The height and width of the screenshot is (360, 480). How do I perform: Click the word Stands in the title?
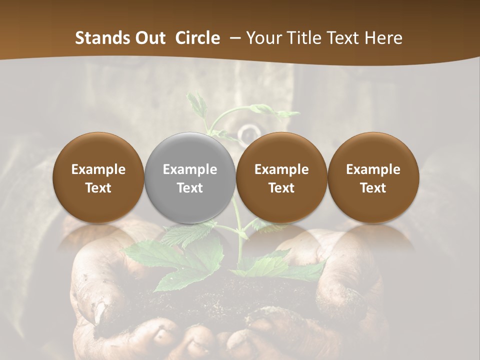click(x=102, y=38)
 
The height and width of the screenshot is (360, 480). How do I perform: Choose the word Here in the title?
click(x=385, y=38)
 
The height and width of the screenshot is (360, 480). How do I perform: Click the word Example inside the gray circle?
click(x=190, y=169)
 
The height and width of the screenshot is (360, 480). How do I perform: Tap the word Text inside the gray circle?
click(x=190, y=188)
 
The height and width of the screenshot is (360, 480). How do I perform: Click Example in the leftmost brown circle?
click(x=98, y=169)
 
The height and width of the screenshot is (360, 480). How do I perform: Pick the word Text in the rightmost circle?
click(x=373, y=188)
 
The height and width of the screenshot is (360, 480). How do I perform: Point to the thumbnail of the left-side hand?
click(x=100, y=313)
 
